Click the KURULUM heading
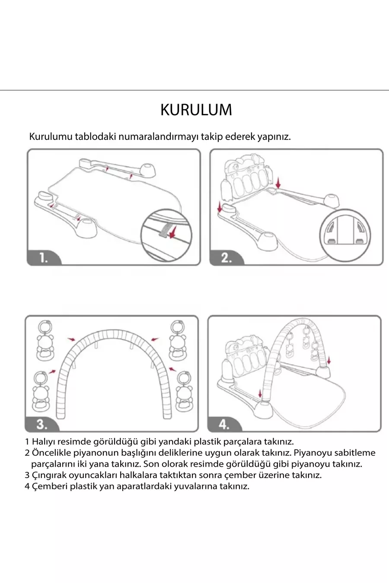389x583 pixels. (x=196, y=110)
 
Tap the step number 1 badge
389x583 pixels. (x=43, y=258)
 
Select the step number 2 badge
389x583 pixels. (x=226, y=258)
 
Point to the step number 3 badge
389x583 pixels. (x=41, y=424)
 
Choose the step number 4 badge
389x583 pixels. (x=224, y=424)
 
